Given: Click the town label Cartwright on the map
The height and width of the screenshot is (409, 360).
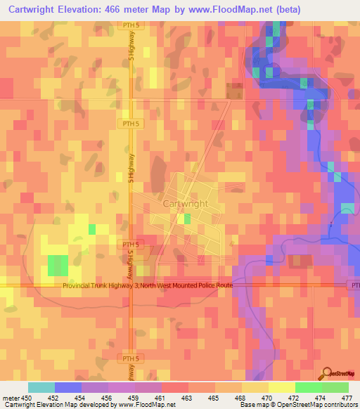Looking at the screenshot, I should (x=186, y=203).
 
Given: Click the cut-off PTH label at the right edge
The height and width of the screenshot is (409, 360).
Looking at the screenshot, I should (x=354, y=285).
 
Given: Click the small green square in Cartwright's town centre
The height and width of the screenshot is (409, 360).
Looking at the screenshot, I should (x=186, y=219).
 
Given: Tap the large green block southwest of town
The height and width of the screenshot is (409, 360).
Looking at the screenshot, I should (x=58, y=265).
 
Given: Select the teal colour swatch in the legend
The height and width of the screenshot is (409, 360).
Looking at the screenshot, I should (x=41, y=387).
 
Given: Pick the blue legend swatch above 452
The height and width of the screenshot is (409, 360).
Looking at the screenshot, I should (x=68, y=387).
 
